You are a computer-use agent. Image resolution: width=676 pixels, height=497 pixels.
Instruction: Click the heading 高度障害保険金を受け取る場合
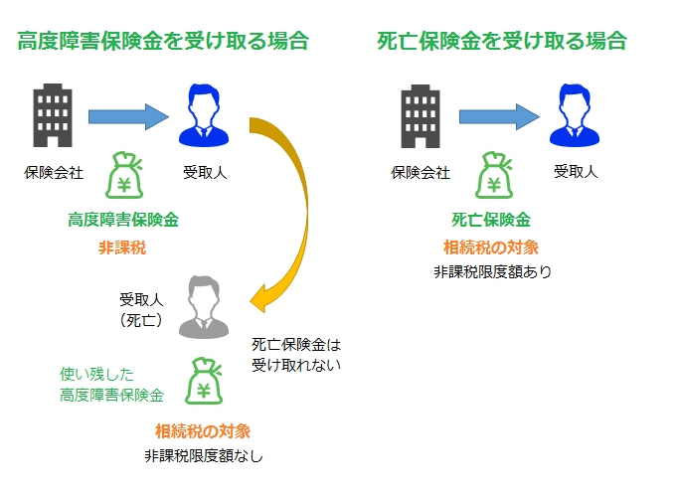pos(163,42)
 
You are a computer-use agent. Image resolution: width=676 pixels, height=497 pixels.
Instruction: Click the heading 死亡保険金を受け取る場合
pos(502,42)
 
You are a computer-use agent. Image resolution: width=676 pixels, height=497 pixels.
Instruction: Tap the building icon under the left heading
pos(53,115)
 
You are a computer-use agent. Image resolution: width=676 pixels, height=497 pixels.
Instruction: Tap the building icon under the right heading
pos(421,116)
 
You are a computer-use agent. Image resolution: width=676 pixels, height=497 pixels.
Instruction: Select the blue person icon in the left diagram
pos(204,115)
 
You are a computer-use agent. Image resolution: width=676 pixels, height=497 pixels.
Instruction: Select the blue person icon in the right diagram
pos(575,115)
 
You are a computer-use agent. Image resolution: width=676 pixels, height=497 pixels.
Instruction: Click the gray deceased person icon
pos(204,307)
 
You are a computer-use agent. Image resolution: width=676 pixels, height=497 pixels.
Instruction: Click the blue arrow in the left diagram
pos(128,116)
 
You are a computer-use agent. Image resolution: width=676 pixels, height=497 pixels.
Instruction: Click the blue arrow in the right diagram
pos(499,116)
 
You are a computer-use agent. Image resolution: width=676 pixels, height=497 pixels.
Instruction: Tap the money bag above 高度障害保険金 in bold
pos(124,175)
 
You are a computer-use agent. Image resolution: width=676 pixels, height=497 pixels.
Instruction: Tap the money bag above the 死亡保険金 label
pos(494,175)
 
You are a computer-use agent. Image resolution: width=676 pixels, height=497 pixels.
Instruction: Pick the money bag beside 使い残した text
pos(204,381)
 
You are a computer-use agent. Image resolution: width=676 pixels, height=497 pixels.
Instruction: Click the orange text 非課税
pos(122,248)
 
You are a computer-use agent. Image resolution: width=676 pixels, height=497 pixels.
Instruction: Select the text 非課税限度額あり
pos(493,272)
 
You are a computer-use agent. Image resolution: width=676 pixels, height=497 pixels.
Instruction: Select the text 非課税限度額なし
pos(204,455)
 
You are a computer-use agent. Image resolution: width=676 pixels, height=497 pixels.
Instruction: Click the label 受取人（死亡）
pos(141,309)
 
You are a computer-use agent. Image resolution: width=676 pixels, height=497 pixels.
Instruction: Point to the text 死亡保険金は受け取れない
pos(296,355)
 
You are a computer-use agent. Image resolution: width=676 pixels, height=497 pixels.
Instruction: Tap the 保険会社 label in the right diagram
pos(421,173)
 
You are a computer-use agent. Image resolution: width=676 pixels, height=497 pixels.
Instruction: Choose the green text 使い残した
pos(97,374)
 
